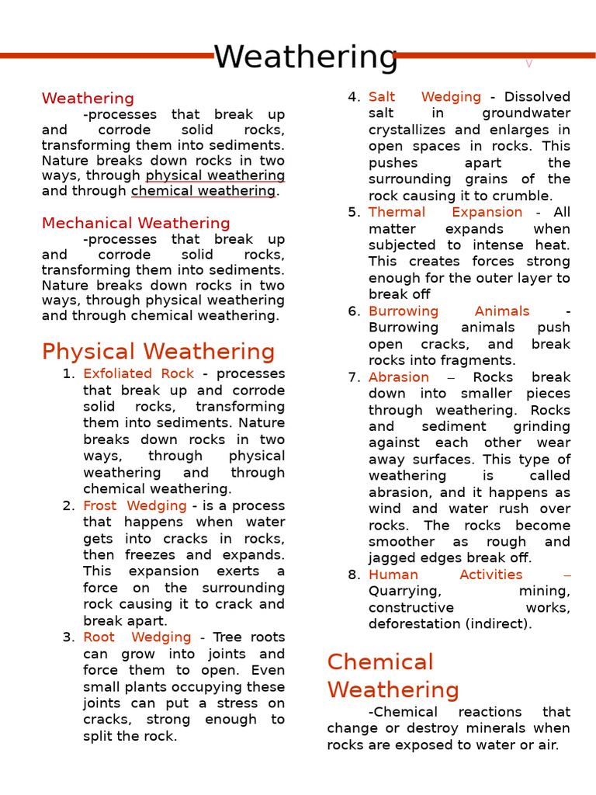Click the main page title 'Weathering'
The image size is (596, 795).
pyautogui.click(x=305, y=57)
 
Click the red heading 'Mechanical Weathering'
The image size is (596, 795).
pyautogui.click(x=136, y=224)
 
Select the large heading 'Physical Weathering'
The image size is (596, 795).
pyautogui.click(x=158, y=352)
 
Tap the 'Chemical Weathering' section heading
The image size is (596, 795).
pyautogui.click(x=393, y=675)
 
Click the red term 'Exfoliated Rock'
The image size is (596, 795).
pyautogui.click(x=138, y=373)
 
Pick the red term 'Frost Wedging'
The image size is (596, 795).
pyautogui.click(x=134, y=505)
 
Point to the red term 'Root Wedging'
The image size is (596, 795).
pyautogui.click(x=137, y=637)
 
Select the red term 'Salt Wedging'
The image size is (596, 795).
pyautogui.click(x=424, y=97)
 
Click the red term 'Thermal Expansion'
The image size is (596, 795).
pyautogui.click(x=445, y=212)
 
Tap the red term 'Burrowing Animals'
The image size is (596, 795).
pyautogui.click(x=449, y=311)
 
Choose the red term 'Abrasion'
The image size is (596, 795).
pyautogui.click(x=398, y=377)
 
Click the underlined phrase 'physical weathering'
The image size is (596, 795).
pyautogui.click(x=215, y=176)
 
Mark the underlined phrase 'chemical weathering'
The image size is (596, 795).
pyautogui.click(x=203, y=191)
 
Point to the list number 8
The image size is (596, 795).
pyautogui.click(x=354, y=575)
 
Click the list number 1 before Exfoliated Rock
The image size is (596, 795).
pyautogui.click(x=68, y=374)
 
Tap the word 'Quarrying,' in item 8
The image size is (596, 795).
pyautogui.click(x=404, y=592)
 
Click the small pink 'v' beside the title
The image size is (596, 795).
pyautogui.click(x=528, y=64)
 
